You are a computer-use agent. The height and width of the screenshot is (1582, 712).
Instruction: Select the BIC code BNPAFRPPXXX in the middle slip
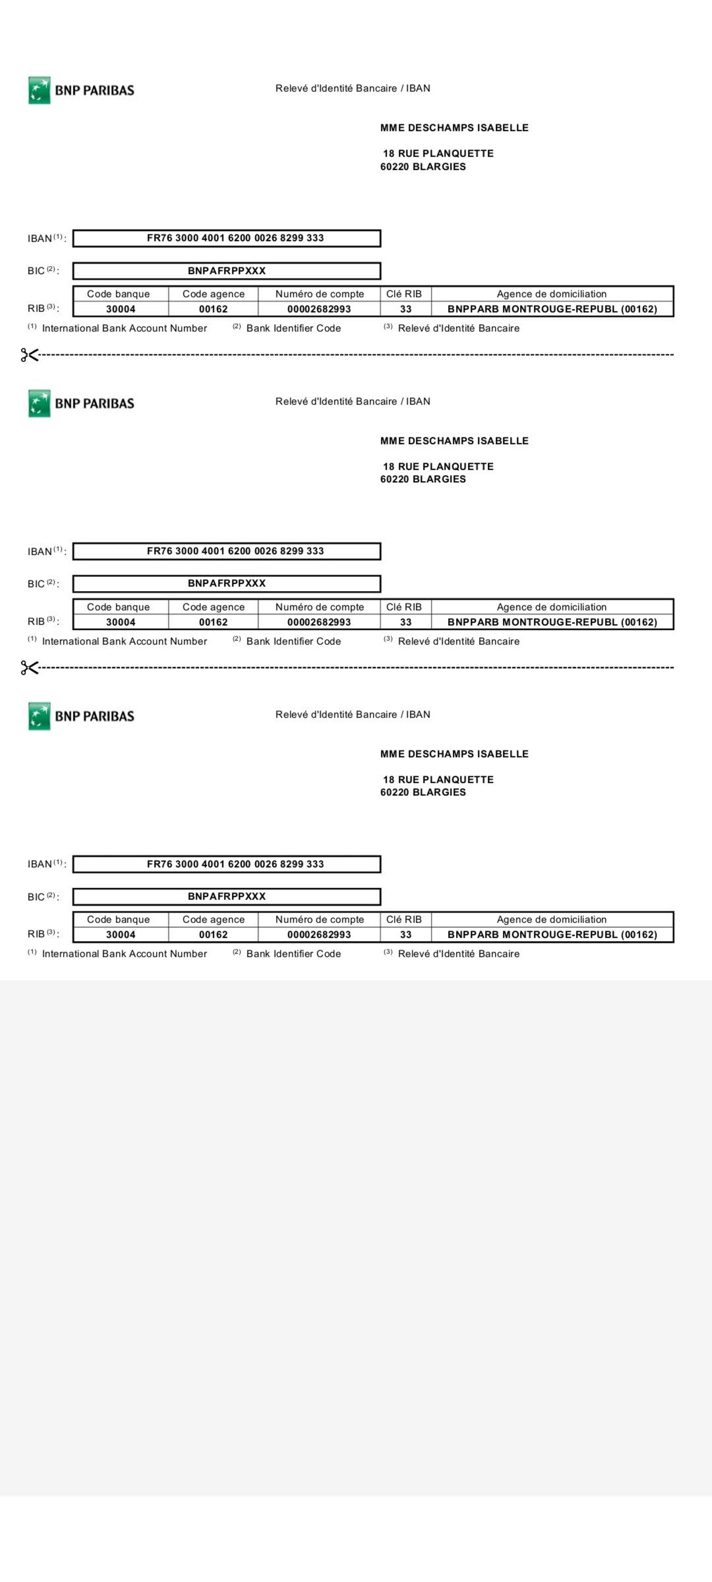click(227, 583)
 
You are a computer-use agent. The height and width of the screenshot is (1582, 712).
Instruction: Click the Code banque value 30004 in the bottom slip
click(120, 935)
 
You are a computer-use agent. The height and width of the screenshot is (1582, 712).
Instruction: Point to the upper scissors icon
click(29, 355)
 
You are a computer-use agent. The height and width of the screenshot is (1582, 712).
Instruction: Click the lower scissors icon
click(29, 667)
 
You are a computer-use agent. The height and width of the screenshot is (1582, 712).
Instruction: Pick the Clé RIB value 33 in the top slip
click(405, 309)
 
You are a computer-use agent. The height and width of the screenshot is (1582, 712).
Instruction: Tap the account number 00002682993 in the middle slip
click(319, 622)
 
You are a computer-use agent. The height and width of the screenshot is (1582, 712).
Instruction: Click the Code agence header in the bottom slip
click(213, 920)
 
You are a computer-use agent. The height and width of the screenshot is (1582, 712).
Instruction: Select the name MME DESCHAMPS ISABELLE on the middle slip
click(454, 441)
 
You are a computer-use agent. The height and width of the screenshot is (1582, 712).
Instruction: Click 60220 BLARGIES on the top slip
click(423, 167)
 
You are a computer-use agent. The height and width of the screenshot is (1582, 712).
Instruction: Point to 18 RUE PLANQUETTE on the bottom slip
click(438, 779)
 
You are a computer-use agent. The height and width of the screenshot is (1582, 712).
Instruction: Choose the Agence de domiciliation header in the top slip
click(551, 294)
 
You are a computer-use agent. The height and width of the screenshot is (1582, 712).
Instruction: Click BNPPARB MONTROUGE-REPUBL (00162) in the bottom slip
click(552, 935)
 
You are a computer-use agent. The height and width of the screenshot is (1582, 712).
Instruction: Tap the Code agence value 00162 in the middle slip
click(213, 622)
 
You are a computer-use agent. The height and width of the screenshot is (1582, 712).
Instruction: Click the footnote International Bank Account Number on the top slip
click(124, 329)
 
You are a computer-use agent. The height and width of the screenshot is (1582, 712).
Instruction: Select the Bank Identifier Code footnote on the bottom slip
click(293, 954)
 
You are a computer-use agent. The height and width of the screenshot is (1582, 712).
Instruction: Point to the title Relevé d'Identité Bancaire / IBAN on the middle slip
click(353, 402)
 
